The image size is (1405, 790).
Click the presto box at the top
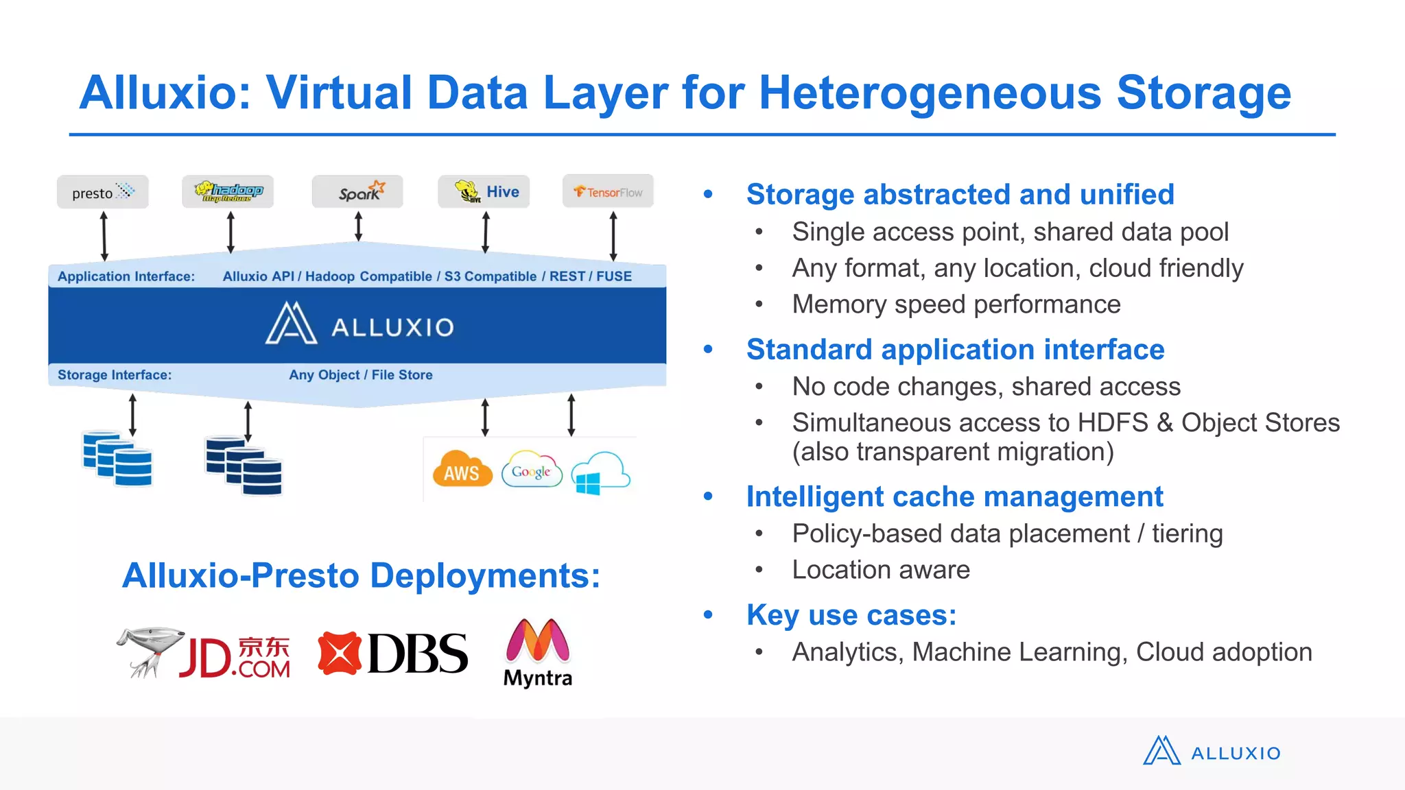(102, 192)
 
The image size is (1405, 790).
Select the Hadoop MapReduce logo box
(228, 192)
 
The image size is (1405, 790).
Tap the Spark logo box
(357, 192)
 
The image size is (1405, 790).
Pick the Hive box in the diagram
(484, 192)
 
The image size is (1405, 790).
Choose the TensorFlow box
(608, 192)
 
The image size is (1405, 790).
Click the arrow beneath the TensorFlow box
(613, 236)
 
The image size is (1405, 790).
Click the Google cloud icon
(532, 470)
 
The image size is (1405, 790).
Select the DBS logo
(393, 654)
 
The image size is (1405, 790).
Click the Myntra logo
(538, 652)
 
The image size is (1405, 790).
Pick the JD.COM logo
(204, 654)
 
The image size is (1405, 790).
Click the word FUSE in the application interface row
(614, 276)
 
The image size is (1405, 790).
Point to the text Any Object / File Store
(361, 375)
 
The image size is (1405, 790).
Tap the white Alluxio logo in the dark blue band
(359, 324)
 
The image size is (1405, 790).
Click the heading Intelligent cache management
(954, 496)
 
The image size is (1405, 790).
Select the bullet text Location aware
(881, 570)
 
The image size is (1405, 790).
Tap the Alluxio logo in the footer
(1212, 752)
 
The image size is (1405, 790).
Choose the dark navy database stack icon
(244, 466)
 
